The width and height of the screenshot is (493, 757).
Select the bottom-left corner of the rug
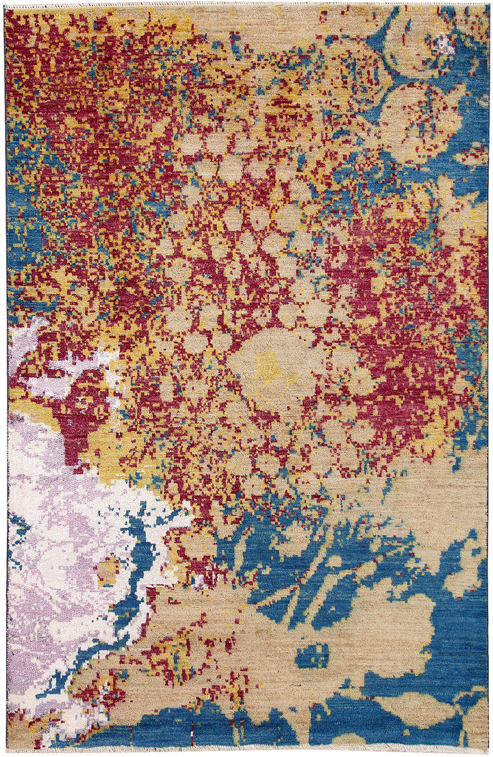point(8,748)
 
